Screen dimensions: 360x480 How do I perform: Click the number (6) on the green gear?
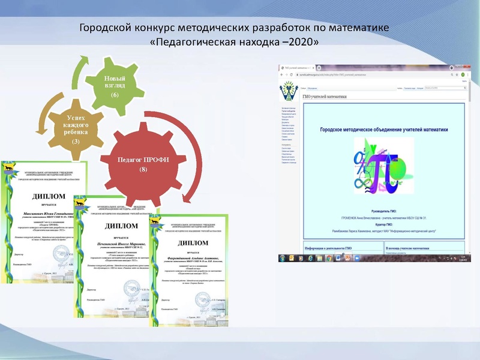pyautogui.click(x=115, y=95)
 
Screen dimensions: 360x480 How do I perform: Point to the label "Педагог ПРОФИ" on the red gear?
pyautogui.click(x=143, y=160)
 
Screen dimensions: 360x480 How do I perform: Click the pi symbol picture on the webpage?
pyautogui.click(x=383, y=166)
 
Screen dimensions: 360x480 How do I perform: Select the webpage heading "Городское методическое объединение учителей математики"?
pyautogui.click(x=383, y=129)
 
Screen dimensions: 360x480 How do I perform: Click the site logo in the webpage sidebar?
pyautogui.click(x=289, y=92)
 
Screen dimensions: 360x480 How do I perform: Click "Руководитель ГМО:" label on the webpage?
pyautogui.click(x=384, y=212)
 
